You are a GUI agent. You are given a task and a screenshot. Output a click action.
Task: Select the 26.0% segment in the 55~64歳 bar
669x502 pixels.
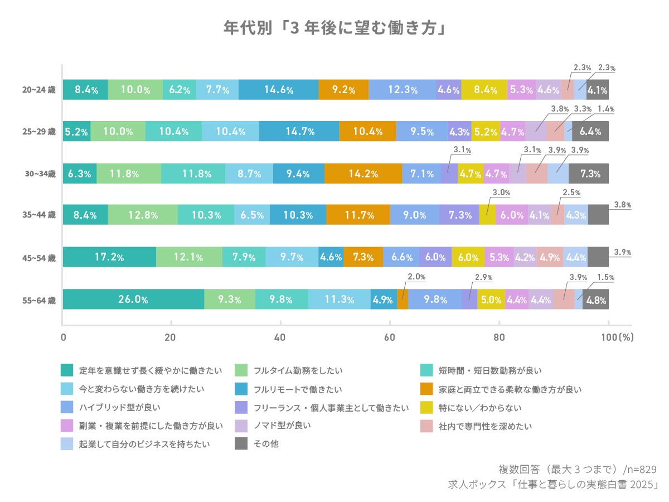133,300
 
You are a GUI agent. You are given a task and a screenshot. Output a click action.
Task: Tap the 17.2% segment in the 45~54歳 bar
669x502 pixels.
109,257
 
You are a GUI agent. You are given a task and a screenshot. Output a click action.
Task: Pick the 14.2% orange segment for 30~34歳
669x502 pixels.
363,173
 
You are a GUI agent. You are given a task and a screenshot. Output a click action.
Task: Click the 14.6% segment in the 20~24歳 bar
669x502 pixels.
278,89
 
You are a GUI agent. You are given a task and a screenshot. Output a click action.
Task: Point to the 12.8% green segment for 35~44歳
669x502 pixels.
143,215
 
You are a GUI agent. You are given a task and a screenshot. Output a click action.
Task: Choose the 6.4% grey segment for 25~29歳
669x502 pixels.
590,132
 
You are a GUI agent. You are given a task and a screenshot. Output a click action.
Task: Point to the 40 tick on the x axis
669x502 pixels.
280,337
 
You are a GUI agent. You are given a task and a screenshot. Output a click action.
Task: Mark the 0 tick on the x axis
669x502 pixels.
63,337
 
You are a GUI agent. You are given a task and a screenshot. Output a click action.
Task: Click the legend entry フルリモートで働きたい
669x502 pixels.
298,389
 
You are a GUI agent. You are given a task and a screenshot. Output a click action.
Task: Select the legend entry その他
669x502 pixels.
264,444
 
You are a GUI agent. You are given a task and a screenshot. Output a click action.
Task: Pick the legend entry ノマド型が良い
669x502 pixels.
282,426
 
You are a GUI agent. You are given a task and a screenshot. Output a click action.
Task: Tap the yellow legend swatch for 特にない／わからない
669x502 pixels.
426,407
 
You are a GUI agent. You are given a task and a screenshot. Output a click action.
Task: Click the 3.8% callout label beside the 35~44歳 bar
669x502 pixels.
622,205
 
